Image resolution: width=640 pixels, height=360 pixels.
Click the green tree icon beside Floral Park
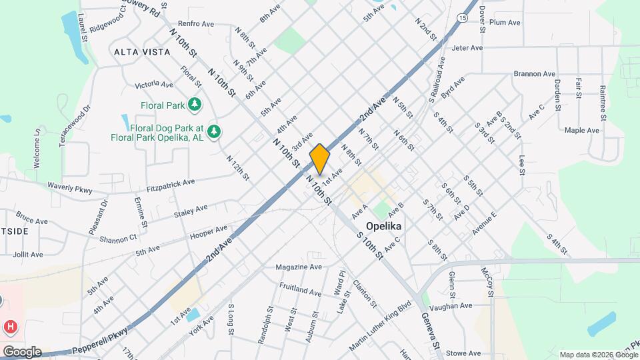(x=194, y=104)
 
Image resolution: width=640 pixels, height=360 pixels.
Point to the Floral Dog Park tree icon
(x=213, y=131)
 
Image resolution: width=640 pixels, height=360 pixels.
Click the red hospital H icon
(x=10, y=327)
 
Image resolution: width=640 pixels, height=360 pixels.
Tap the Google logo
(x=21, y=352)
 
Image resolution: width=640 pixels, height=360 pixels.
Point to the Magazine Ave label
(x=299, y=267)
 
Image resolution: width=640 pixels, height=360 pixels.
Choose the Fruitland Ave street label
(x=301, y=291)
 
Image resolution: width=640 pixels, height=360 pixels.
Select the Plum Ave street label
(x=505, y=23)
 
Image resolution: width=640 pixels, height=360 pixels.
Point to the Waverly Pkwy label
(x=69, y=187)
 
